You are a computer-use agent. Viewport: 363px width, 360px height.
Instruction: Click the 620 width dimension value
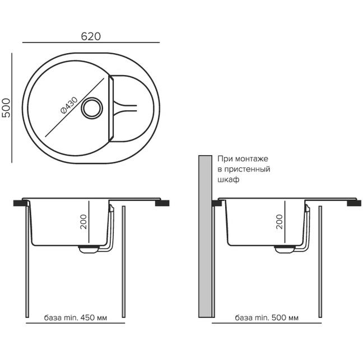(x=91, y=36)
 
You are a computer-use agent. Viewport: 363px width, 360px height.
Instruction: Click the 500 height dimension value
(x=6, y=108)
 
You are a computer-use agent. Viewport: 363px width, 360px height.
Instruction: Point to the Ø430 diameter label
(x=69, y=105)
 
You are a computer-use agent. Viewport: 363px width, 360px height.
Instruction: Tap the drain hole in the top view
(x=92, y=108)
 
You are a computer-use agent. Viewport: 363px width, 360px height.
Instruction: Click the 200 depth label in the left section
(x=83, y=222)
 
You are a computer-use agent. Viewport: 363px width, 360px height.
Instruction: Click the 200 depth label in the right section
(x=280, y=222)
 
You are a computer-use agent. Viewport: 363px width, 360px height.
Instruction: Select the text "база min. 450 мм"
(x=76, y=317)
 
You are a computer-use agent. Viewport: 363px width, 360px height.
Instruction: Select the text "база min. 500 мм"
(x=267, y=317)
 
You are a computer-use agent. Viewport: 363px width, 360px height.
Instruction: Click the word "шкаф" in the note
(x=228, y=180)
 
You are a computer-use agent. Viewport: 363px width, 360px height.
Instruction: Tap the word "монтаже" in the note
(x=252, y=159)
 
